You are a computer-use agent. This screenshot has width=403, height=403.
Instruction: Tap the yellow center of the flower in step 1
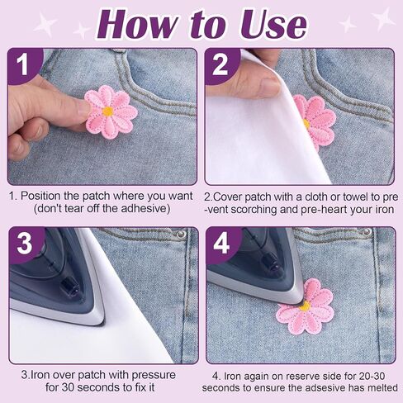107,111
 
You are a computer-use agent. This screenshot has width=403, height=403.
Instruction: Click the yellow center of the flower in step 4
305,306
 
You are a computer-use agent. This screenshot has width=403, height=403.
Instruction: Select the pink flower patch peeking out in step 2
316,121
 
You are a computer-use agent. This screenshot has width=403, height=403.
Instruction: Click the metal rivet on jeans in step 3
179,235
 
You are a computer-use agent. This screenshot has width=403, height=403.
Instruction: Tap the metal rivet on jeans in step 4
364,233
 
